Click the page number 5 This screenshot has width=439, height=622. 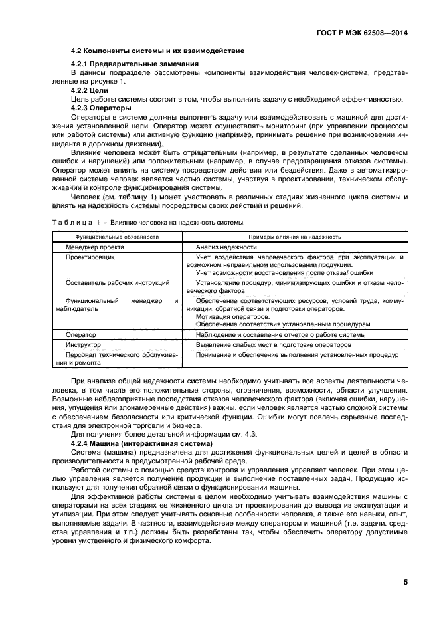405,583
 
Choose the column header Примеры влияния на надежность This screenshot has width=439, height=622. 295,236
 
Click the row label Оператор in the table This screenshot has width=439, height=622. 81,335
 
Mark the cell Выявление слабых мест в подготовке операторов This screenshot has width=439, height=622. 273,346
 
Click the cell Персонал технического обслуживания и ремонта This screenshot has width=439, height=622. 112,360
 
